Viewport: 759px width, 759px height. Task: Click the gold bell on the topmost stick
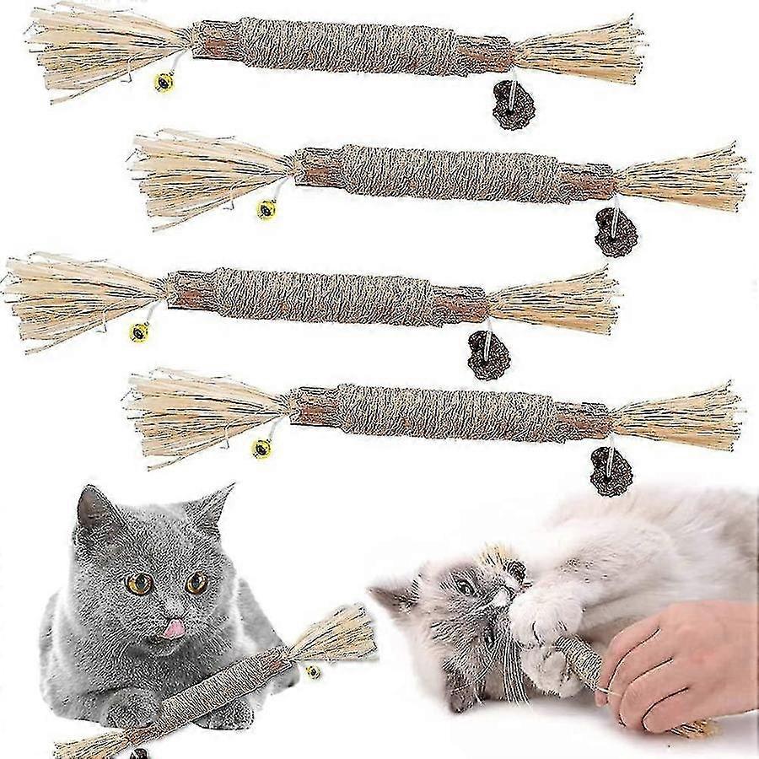point(164,82)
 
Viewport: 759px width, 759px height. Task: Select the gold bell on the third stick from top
point(139,331)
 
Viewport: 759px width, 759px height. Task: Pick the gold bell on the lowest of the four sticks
point(262,448)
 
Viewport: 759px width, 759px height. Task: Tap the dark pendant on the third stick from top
point(489,357)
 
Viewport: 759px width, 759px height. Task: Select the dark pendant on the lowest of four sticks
point(611,473)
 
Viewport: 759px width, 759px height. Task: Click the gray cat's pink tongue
point(174,627)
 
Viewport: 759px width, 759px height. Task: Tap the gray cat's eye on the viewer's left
point(140,583)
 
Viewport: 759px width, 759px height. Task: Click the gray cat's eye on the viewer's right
point(197,582)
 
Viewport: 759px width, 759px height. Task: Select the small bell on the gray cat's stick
point(314,672)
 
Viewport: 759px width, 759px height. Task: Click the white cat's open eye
point(466,588)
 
